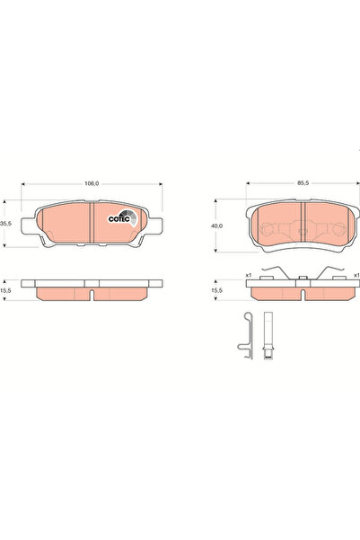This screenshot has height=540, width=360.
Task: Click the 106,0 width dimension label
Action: pyautogui.click(x=91, y=182)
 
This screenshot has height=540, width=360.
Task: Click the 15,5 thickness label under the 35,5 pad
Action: pyautogui.click(x=5, y=290)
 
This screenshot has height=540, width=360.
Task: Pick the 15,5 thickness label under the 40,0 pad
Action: pyautogui.click(x=215, y=290)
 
